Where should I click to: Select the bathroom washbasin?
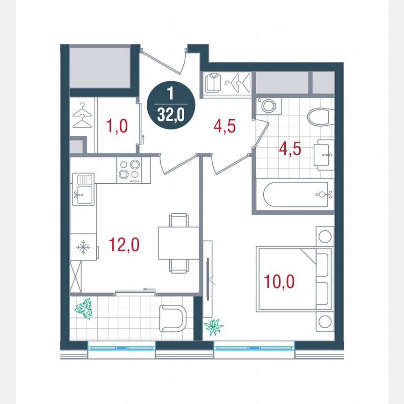click(x=324, y=153)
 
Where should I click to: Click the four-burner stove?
click(x=130, y=170)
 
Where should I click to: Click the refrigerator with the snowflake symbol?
click(x=84, y=247)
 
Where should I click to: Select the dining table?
click(x=179, y=242)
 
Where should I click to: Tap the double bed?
click(x=294, y=279)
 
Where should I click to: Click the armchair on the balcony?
click(x=173, y=317)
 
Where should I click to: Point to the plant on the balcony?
click(x=84, y=309)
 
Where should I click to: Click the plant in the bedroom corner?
click(x=214, y=326)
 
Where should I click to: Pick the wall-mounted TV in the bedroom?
click(x=208, y=268)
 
